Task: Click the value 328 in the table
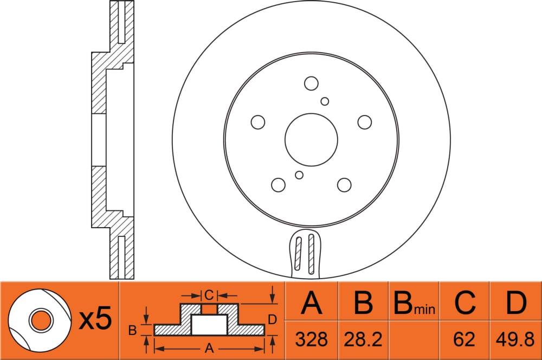(x=311, y=339)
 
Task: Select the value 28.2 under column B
(x=363, y=339)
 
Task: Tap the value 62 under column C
(x=464, y=339)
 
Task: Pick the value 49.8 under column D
(x=515, y=339)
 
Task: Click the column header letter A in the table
(x=312, y=303)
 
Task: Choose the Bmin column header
(x=414, y=303)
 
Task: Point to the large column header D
(x=516, y=303)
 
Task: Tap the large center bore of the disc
(x=311, y=140)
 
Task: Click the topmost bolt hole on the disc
(x=311, y=83)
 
